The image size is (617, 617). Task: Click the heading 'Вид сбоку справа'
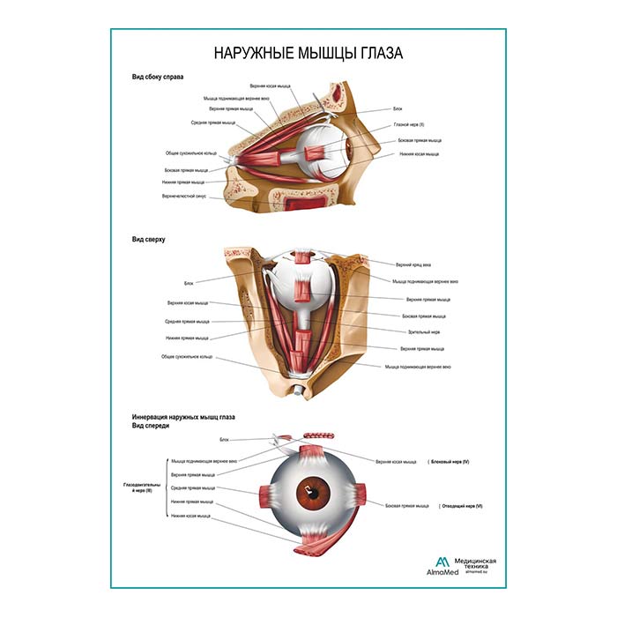pos(158,78)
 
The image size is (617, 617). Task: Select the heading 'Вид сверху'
pos(149,238)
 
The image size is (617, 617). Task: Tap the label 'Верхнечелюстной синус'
pos(183,197)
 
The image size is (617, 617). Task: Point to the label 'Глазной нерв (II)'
pos(408,124)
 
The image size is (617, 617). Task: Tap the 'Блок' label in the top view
pos(189,283)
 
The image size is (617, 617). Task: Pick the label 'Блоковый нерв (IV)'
pos(450,462)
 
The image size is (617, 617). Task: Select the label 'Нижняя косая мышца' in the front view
pos(191,516)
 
